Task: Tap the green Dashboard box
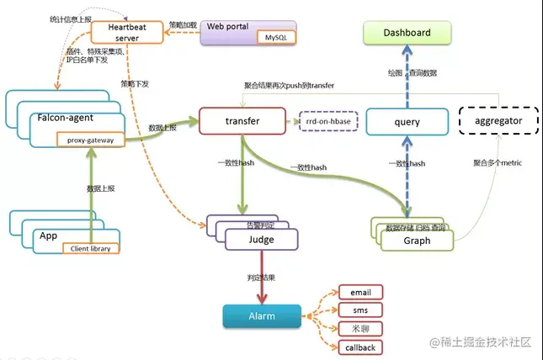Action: pos(407,34)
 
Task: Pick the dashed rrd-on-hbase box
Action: pos(327,122)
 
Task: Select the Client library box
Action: pos(92,248)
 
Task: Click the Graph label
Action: pos(418,241)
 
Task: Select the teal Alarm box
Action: pos(260,316)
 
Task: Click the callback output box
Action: pos(360,347)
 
